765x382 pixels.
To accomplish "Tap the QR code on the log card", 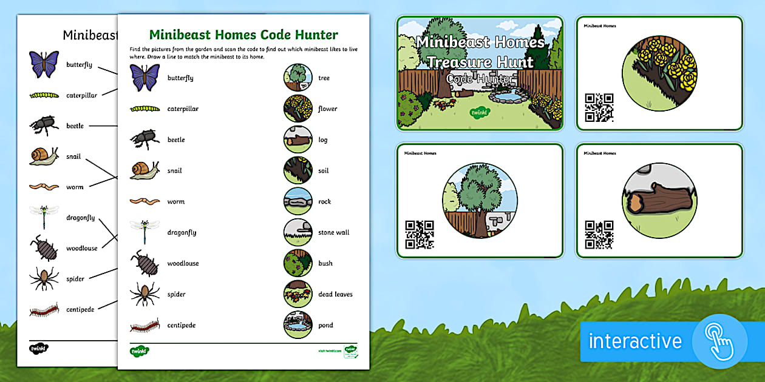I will (x=599, y=235).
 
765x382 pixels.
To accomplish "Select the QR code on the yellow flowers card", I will (x=599, y=107).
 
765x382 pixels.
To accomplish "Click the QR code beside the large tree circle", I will (x=420, y=235).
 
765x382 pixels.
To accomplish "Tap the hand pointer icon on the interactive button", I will (x=720, y=341).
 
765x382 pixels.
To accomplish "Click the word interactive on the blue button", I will (x=635, y=341).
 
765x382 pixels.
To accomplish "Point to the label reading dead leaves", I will (x=335, y=295).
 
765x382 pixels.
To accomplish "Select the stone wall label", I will (x=333, y=233).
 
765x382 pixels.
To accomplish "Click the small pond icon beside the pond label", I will (x=297, y=325).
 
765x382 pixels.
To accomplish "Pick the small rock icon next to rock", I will (x=297, y=201).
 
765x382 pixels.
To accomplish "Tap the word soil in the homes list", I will (x=324, y=171).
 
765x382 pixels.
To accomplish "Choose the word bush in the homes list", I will (x=325, y=264).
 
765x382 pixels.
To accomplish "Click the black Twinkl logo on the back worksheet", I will (x=39, y=349).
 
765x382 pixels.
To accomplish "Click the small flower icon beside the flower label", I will (x=297, y=109).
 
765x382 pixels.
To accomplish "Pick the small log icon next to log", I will (x=297, y=139).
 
